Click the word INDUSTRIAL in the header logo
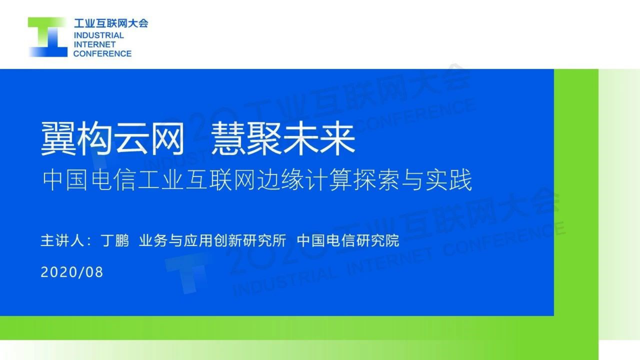99,36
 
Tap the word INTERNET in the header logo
94,44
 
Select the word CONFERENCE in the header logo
102,54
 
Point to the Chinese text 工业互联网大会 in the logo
111,23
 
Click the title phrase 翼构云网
113,139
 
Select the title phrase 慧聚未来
283,139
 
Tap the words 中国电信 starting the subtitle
89,180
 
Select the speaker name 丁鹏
115,241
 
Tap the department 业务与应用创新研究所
213,241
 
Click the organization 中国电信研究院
348,241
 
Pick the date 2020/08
72,272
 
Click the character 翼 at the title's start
59,139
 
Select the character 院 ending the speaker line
392,241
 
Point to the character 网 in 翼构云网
167,139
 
